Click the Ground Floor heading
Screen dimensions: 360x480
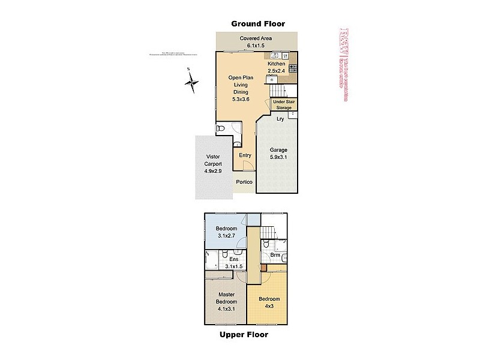point(258,23)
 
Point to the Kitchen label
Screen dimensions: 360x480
point(276,64)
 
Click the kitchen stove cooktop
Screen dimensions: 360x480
point(292,68)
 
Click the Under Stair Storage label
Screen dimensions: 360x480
point(284,105)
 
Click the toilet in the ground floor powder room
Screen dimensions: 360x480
point(221,129)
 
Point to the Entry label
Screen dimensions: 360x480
point(245,155)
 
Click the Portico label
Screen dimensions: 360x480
point(244,182)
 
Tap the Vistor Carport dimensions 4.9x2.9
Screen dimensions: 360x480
point(213,170)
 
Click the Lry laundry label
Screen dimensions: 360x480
point(280,119)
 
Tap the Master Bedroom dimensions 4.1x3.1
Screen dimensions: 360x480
point(227,308)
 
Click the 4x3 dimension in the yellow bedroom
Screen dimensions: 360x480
point(269,305)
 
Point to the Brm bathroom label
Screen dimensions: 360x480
point(275,255)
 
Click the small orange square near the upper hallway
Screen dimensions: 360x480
point(263,268)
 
